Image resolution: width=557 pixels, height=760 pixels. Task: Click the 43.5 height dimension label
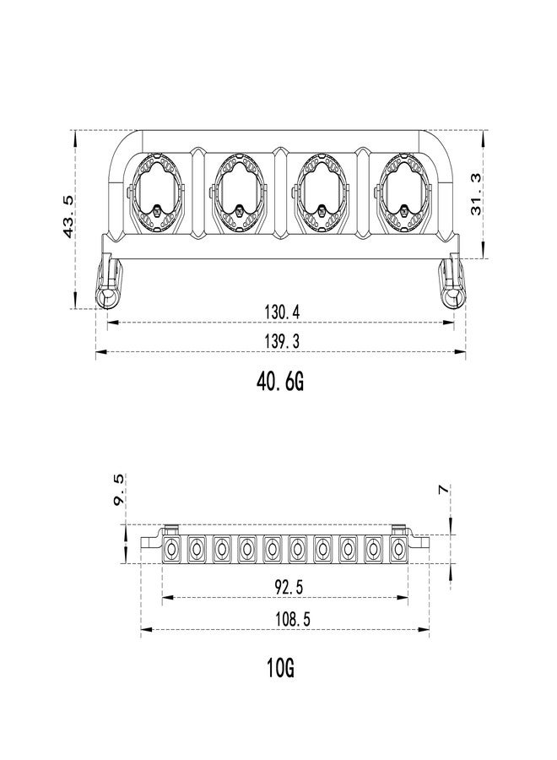68,216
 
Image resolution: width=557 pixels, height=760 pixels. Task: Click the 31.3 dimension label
477,194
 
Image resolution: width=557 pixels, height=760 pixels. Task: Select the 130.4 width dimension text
282,312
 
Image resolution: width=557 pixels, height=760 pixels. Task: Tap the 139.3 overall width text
282,342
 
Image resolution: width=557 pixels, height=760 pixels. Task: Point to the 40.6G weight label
280,383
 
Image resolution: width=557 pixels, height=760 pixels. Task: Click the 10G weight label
280,669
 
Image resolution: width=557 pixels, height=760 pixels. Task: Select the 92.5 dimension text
289,588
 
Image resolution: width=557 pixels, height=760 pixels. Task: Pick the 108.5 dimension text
293,619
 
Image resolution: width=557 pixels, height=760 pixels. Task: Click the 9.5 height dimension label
119,490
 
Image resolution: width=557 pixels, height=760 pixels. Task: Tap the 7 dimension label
443,490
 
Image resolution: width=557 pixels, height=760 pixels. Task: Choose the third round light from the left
322,193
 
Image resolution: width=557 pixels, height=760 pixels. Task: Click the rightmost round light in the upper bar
403,193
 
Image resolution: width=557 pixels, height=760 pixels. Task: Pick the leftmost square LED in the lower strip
170,550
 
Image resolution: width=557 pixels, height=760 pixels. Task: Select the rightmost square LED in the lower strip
398,550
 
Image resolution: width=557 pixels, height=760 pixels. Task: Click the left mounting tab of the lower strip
150,541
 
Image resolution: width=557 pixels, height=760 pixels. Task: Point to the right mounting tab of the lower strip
419,541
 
